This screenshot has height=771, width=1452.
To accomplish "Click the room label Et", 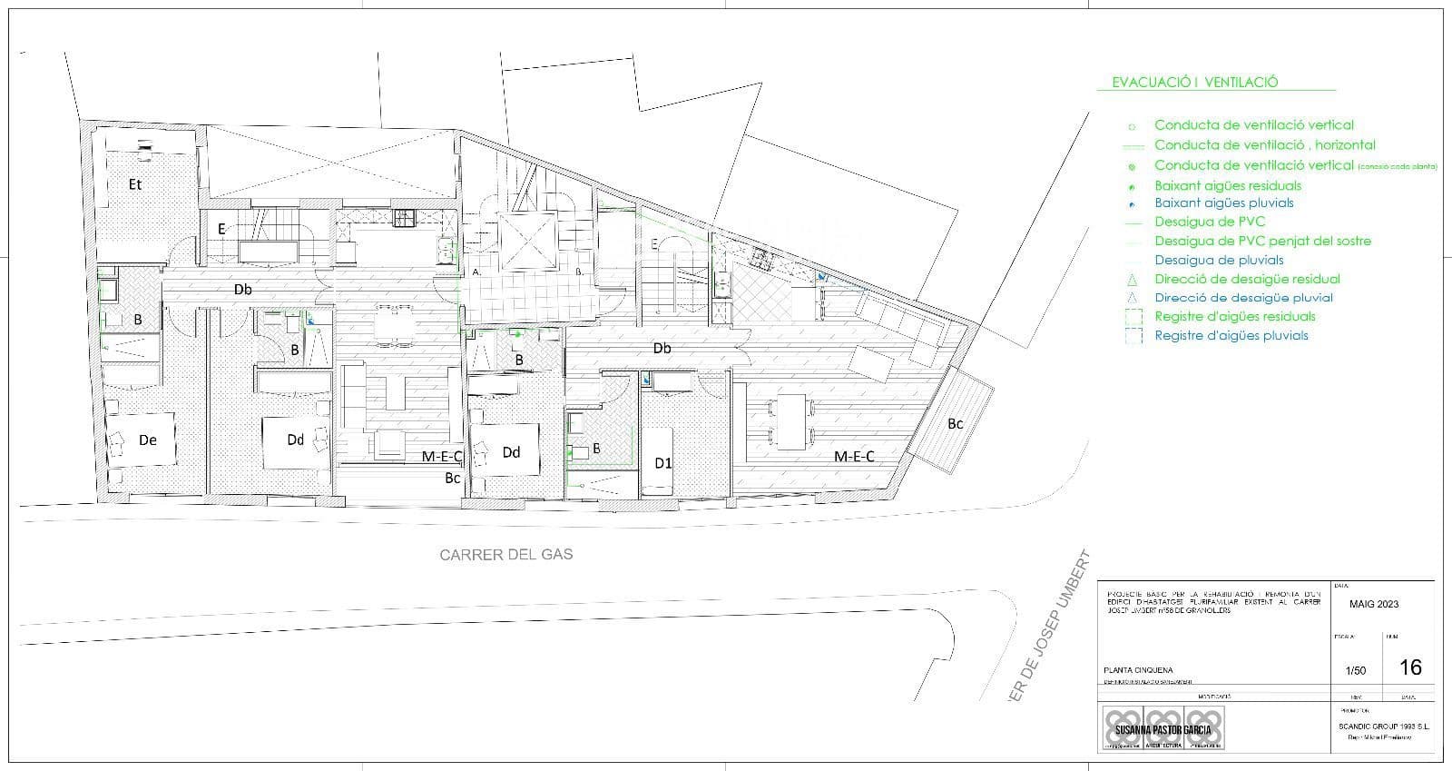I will click(x=135, y=184).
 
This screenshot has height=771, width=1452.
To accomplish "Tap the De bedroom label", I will click(x=148, y=440).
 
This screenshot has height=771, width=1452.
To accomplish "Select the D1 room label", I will click(x=663, y=463).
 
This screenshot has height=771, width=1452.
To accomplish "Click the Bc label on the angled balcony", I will click(x=956, y=423).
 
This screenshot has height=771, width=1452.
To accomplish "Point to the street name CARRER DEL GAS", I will click(x=506, y=554).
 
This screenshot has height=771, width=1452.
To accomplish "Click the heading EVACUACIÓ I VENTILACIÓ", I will click(x=1194, y=82).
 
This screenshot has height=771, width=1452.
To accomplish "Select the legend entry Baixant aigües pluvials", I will click(x=1223, y=203).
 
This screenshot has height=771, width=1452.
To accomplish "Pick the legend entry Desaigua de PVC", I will click(x=1209, y=222).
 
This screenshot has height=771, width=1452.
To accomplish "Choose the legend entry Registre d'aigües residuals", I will click(x=1234, y=316).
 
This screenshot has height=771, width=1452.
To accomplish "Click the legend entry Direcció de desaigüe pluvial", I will click(x=1243, y=297).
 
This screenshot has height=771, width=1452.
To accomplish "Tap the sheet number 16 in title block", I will click(x=1410, y=667).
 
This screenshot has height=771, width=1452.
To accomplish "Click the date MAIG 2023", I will click(x=1374, y=604).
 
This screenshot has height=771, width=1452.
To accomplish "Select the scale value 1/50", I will click(x=1355, y=671).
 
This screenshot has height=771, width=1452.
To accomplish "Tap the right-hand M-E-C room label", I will click(x=854, y=457).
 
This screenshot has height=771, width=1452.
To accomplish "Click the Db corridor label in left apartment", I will click(x=242, y=290).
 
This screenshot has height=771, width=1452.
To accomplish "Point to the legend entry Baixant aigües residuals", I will click(x=1227, y=185).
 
